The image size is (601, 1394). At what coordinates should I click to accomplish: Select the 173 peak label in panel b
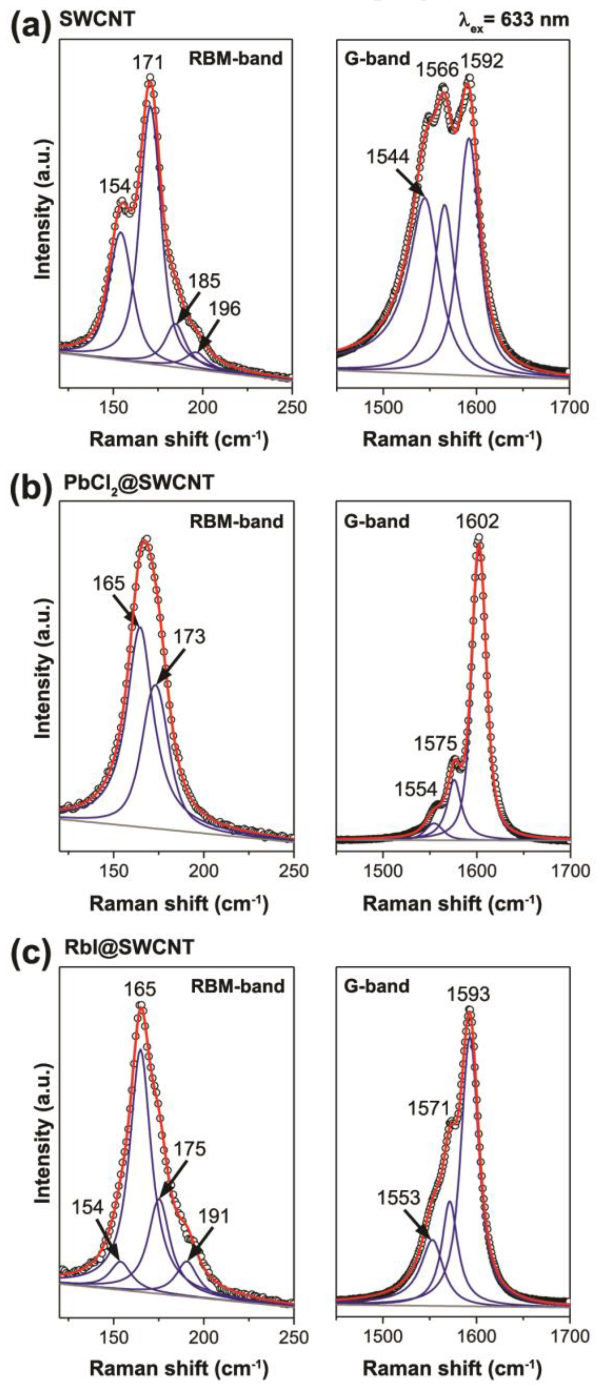[190, 637]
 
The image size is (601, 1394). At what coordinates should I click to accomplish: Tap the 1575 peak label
[436, 744]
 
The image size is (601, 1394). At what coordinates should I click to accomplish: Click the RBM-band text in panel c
[237, 986]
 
